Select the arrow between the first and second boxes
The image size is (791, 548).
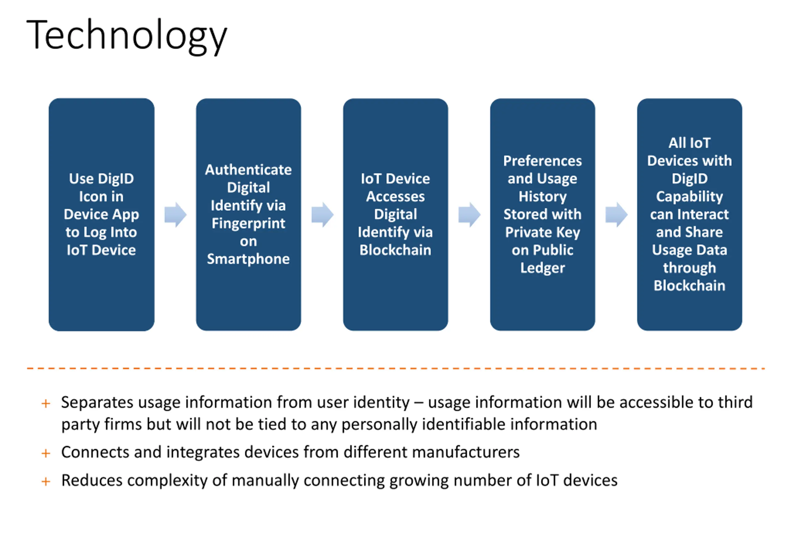click(x=175, y=215)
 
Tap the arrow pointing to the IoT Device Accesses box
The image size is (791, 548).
click(x=322, y=215)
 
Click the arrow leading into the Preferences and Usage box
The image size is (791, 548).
click(x=469, y=215)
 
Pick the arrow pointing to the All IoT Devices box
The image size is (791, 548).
click(x=616, y=215)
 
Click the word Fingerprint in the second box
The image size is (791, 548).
click(x=248, y=224)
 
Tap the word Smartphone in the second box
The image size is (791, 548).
click(x=248, y=259)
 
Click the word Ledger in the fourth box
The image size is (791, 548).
click(x=542, y=268)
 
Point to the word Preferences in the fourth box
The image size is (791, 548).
click(x=542, y=161)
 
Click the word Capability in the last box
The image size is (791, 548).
click(x=689, y=197)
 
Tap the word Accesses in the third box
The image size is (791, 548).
click(x=395, y=197)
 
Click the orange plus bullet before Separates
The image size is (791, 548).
click(x=46, y=404)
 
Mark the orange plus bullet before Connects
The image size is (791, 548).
click(x=46, y=454)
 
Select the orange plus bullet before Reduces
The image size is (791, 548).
click(x=46, y=482)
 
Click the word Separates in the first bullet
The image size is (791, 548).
click(x=97, y=402)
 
